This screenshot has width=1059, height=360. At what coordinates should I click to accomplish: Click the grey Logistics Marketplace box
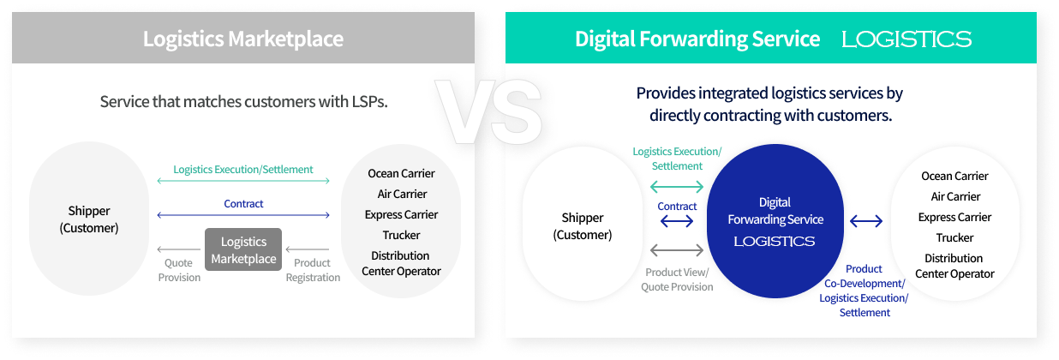(243, 249)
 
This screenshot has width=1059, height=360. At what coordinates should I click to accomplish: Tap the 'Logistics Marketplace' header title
(243, 39)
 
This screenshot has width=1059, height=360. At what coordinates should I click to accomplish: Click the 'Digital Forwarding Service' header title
(697, 39)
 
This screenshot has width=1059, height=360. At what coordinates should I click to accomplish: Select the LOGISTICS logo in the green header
(906, 39)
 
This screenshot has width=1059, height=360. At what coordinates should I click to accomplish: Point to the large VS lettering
(489, 111)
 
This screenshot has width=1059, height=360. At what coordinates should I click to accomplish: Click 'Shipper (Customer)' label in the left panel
(89, 219)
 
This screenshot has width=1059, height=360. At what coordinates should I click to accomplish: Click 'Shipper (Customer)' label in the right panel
(583, 226)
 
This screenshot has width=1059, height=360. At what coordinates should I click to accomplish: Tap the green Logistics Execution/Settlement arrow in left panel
(243, 181)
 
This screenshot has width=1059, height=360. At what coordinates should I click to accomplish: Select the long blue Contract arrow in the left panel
(243, 215)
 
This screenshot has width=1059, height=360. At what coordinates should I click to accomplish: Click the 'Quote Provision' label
(179, 270)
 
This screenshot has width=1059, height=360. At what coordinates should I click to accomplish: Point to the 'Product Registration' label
(313, 270)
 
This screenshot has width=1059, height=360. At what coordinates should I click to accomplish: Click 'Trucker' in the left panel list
(401, 235)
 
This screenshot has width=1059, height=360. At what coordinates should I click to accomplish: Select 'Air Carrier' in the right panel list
(955, 196)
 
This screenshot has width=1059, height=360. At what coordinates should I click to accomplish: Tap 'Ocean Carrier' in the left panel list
(401, 174)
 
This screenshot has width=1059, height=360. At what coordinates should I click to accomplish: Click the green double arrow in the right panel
(677, 187)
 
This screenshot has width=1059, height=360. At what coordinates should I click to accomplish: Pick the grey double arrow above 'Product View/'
(677, 249)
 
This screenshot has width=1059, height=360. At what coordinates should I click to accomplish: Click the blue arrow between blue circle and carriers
(866, 221)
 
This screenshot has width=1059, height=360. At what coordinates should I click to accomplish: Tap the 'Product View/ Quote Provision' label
(677, 279)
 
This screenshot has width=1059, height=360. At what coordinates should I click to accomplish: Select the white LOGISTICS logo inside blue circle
(775, 242)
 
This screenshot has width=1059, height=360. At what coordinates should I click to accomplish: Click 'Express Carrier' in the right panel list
(954, 217)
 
